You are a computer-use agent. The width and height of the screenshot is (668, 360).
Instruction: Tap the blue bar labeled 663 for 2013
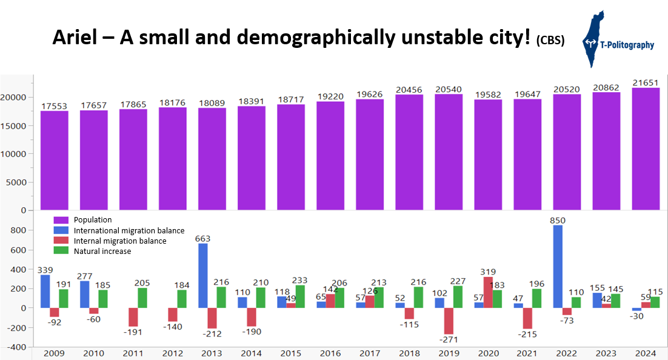point(202,276)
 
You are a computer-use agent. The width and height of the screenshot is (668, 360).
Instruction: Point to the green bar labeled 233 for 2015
point(299,296)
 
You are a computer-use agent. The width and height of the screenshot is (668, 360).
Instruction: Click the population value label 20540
point(448,89)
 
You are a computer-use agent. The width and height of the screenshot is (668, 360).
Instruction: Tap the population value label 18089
point(212,103)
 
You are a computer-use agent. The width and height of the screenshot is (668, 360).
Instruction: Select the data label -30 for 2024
point(635,316)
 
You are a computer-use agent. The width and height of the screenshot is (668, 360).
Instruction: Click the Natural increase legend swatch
point(61,251)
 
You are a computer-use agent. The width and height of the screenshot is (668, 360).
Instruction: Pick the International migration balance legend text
point(129,231)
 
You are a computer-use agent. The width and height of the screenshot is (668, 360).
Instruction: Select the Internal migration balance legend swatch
point(61,241)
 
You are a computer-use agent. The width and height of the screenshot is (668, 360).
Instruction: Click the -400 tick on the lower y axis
point(16,347)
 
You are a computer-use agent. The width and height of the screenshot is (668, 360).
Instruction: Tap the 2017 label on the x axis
point(369,353)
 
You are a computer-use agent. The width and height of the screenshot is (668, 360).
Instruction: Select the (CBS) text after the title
point(550,41)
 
